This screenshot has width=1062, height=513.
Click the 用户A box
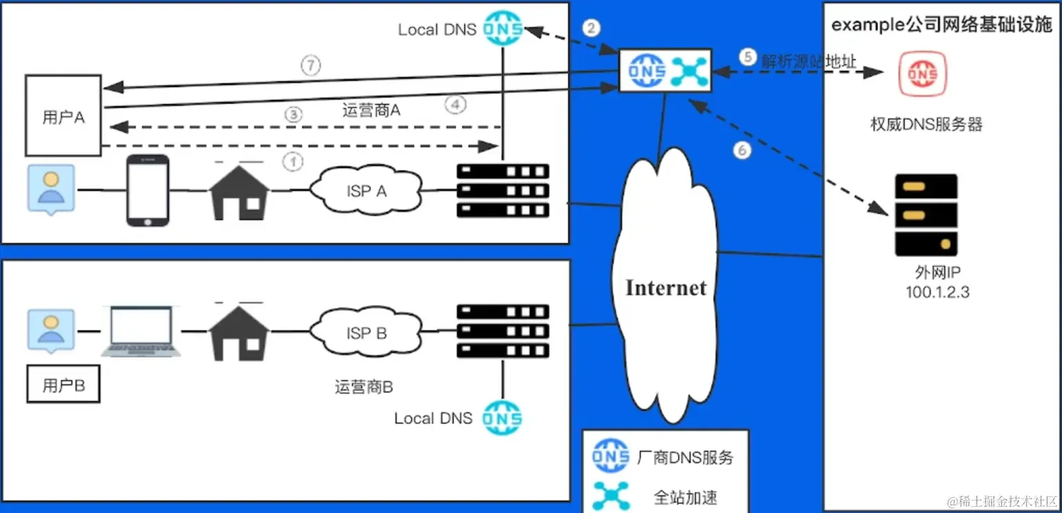pos(64,116)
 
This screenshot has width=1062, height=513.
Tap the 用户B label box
pos(63,386)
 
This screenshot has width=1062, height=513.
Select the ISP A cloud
pos(366,190)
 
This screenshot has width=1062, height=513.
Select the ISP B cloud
pos(366,333)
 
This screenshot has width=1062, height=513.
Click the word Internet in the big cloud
pos(666,287)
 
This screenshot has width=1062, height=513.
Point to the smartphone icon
pos(148,190)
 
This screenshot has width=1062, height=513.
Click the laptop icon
pos(142,332)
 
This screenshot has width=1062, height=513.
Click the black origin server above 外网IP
pos(926,215)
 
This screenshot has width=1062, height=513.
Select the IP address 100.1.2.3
pos(937,293)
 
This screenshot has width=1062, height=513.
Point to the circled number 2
pos(591,28)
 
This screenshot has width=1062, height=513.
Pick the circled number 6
pos(742,150)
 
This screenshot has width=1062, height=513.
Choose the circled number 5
pos(747,57)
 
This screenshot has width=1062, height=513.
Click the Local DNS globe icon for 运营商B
pos(502,417)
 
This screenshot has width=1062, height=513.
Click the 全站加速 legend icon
pos(610,496)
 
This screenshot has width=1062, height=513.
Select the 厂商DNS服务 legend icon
pos(610,456)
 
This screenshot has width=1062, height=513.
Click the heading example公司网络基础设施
pos(941,25)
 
